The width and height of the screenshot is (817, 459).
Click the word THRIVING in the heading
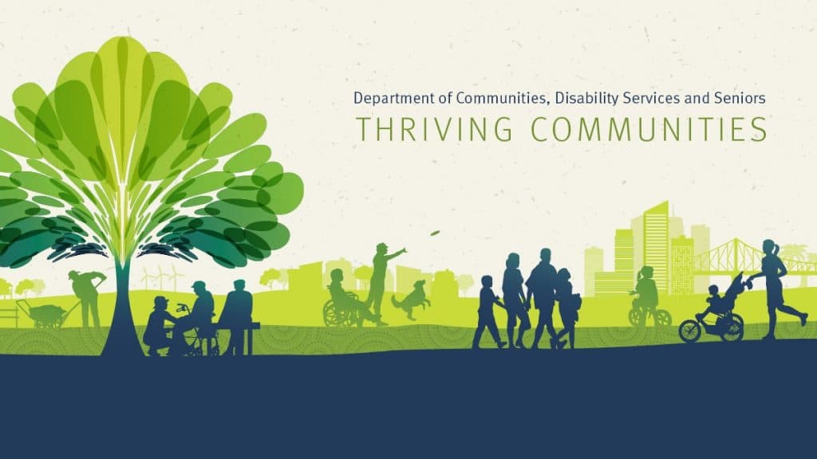tap(433, 128)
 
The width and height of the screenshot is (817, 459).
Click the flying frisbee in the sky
tap(435, 233)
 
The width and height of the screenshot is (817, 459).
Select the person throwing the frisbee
tap(382, 284)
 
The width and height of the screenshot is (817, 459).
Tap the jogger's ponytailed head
tap(770, 249)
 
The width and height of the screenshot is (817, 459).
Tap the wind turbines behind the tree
tap(160, 276)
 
